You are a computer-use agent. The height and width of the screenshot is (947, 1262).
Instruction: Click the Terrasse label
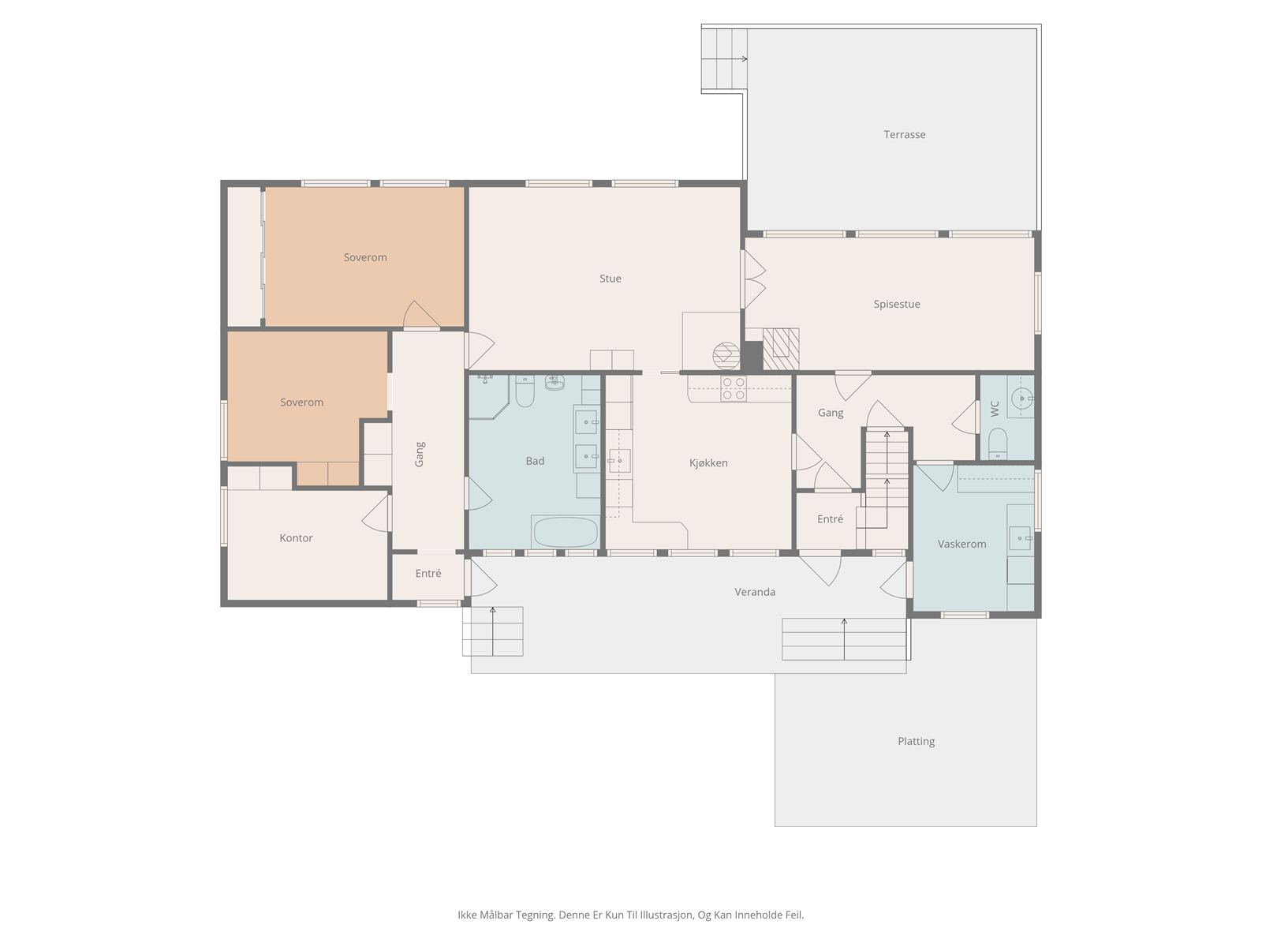point(905,134)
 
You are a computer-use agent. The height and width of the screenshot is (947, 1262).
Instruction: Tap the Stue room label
point(610,279)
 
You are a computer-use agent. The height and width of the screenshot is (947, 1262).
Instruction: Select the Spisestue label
point(896,304)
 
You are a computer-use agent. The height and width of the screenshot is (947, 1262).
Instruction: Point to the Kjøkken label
point(708,463)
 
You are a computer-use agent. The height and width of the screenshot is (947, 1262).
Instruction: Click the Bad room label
point(535,461)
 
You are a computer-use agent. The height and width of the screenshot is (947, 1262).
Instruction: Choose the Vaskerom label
point(961,544)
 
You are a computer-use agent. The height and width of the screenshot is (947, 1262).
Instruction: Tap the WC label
point(995,409)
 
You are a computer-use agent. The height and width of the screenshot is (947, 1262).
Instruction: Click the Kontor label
point(296,538)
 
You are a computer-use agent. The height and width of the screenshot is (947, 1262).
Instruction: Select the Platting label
point(916,741)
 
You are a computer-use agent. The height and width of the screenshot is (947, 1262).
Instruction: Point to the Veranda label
point(755,592)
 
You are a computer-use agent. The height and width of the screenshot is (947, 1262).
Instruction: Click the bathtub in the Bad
point(566,532)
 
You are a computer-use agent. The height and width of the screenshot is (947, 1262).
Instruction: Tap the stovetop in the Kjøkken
point(734,388)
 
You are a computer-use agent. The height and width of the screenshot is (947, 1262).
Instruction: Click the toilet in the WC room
point(998,444)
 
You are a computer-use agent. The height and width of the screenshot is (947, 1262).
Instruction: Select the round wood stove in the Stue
point(726,355)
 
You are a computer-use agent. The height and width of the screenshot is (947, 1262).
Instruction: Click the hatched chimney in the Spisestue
point(781,349)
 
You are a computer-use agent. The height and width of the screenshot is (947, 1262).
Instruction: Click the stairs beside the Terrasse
point(724,58)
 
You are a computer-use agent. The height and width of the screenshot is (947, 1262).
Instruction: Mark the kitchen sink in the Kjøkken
point(619,461)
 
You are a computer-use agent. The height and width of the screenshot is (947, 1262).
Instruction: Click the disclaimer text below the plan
point(631,915)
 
